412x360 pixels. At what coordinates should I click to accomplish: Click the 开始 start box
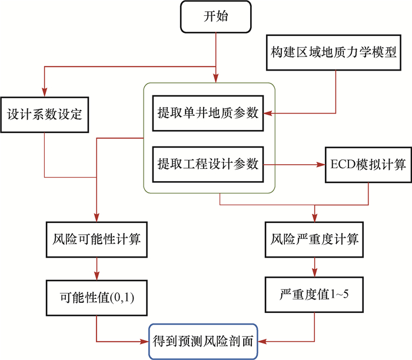(x=216, y=16)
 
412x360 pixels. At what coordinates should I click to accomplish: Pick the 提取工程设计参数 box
(x=208, y=164)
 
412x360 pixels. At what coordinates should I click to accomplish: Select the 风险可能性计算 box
(x=96, y=240)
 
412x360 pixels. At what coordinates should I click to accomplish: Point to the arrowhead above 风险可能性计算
(x=96, y=218)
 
